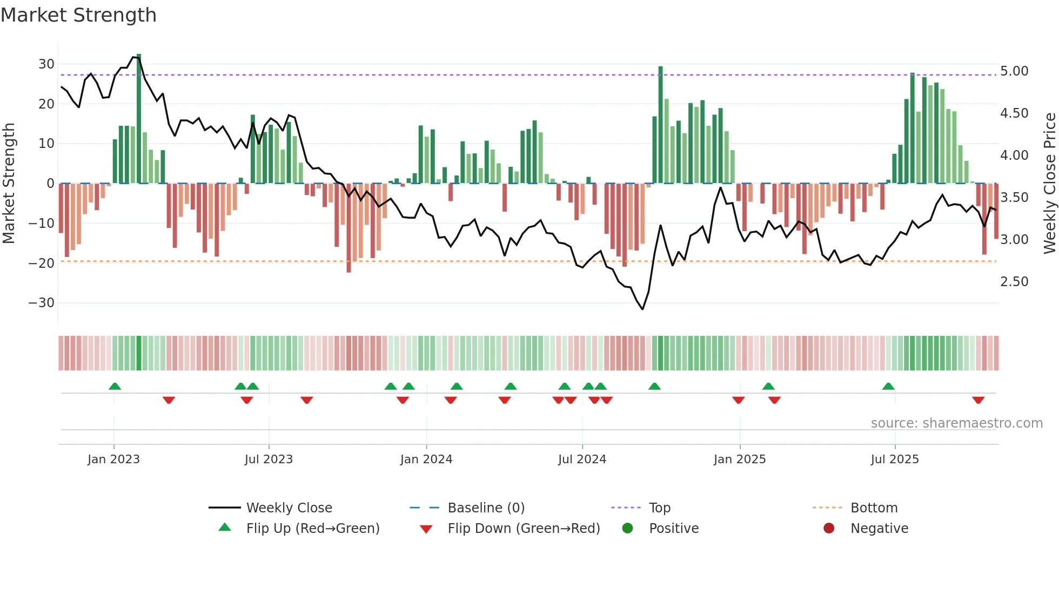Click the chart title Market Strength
click(78, 15)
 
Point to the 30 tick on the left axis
click(46, 64)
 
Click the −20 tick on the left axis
click(42, 263)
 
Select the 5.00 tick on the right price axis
click(1014, 71)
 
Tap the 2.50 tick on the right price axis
click(1014, 282)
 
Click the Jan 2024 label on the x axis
click(426, 459)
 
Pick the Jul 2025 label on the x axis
click(894, 459)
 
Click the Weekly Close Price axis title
click(1049, 183)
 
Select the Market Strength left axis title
click(9, 183)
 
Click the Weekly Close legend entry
click(289, 508)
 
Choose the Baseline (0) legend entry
click(486, 508)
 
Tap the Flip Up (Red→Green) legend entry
click(312, 529)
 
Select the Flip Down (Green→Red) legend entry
click(523, 529)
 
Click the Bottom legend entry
click(874, 508)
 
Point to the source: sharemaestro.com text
click(956, 423)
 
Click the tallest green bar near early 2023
click(139, 119)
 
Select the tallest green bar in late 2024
click(660, 124)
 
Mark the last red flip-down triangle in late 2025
click(978, 400)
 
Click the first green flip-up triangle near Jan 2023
click(115, 386)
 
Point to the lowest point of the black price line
click(642, 309)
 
